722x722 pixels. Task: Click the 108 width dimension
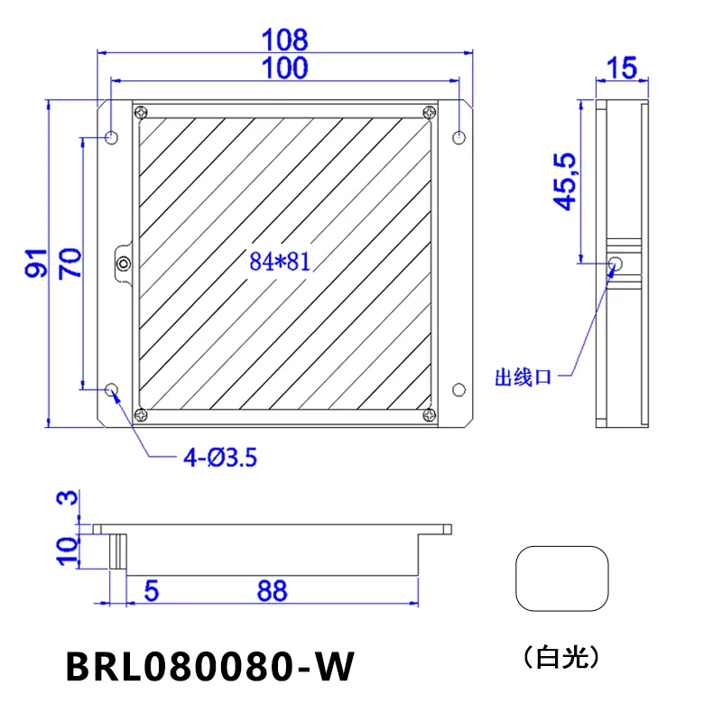(x=284, y=40)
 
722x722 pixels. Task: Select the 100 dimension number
(x=284, y=68)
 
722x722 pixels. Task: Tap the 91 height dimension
(x=36, y=263)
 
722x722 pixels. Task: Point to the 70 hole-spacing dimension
(x=70, y=264)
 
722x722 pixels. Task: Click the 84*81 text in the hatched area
(x=280, y=262)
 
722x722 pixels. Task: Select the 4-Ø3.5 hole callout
(x=220, y=458)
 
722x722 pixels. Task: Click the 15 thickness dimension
(x=622, y=69)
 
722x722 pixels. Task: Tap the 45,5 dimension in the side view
(x=565, y=181)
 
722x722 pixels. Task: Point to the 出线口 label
(x=523, y=377)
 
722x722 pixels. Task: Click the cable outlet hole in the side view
(x=616, y=264)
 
